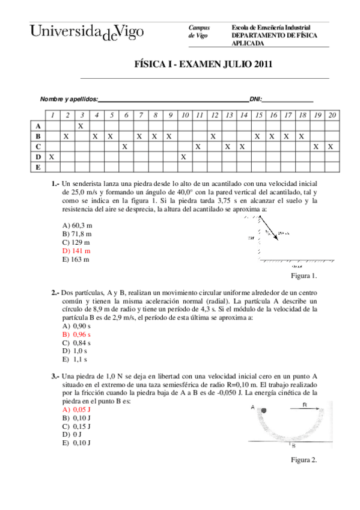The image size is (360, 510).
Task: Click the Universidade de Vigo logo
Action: click(87, 32)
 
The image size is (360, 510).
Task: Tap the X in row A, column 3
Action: click(81, 126)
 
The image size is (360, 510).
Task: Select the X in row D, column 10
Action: click(184, 156)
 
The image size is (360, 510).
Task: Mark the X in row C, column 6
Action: click(124, 146)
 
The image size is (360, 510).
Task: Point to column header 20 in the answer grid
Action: click(331, 115)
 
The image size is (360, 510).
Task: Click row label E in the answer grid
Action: click(38, 167)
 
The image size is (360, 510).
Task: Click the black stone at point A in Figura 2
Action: click(263, 410)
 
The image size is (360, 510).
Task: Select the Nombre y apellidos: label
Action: click(68, 99)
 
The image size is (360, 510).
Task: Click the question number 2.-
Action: click(55, 292)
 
